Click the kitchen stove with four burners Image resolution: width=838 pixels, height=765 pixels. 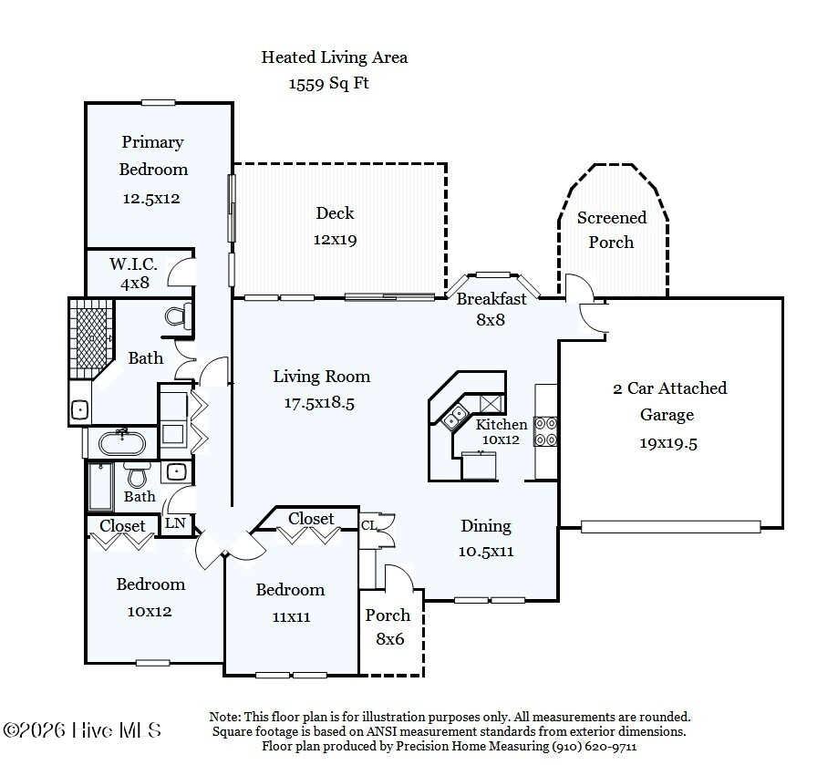pyautogui.click(x=546, y=431)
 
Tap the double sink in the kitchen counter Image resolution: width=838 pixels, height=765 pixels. pyautogui.click(x=455, y=417)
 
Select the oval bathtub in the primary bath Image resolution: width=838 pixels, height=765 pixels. pyautogui.click(x=122, y=443)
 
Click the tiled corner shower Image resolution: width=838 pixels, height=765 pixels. pyautogui.click(x=92, y=338)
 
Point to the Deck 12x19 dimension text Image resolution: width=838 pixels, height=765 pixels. pyautogui.click(x=335, y=239)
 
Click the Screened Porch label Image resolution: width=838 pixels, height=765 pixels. pyautogui.click(x=611, y=230)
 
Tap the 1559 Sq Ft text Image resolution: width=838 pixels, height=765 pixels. pyautogui.click(x=328, y=83)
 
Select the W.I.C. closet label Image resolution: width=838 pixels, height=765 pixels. pyautogui.click(x=134, y=264)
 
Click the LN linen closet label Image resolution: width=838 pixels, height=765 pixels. pyautogui.click(x=175, y=523)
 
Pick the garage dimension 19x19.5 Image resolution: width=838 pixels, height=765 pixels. pyautogui.click(x=668, y=443)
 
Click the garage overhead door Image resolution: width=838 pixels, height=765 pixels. pyautogui.click(x=671, y=527)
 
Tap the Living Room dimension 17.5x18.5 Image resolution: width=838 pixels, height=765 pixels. pyautogui.click(x=319, y=402)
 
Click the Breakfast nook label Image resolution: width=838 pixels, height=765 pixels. pyautogui.click(x=491, y=299)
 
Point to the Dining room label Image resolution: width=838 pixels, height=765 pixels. pyautogui.click(x=486, y=526)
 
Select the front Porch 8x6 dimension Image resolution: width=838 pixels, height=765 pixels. pyautogui.click(x=390, y=639)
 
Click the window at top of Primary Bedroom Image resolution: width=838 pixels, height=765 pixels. pyautogui.click(x=158, y=102)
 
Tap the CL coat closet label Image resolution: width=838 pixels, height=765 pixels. pyautogui.click(x=368, y=526)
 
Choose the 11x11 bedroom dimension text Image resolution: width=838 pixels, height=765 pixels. pyautogui.click(x=291, y=617)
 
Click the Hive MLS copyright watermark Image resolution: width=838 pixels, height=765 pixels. pyautogui.click(x=82, y=730)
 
